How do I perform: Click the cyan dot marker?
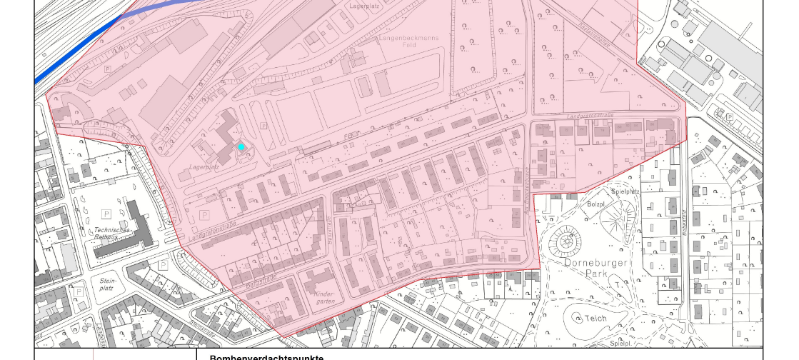pyautogui.click(x=241, y=146)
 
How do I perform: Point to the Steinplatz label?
pyautogui.click(x=108, y=285)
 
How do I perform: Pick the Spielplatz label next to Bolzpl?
pyautogui.click(x=626, y=191)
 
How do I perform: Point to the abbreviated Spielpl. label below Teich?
pyautogui.click(x=620, y=344)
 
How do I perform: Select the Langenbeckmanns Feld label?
pyautogui.click(x=407, y=39)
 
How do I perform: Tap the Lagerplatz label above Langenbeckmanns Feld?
pyautogui.click(x=363, y=6)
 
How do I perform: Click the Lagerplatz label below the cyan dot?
pyautogui.click(x=203, y=167)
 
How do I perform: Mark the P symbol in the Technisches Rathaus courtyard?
pyautogui.click(x=106, y=214)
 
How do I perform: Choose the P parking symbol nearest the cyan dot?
pyautogui.click(x=263, y=126)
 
